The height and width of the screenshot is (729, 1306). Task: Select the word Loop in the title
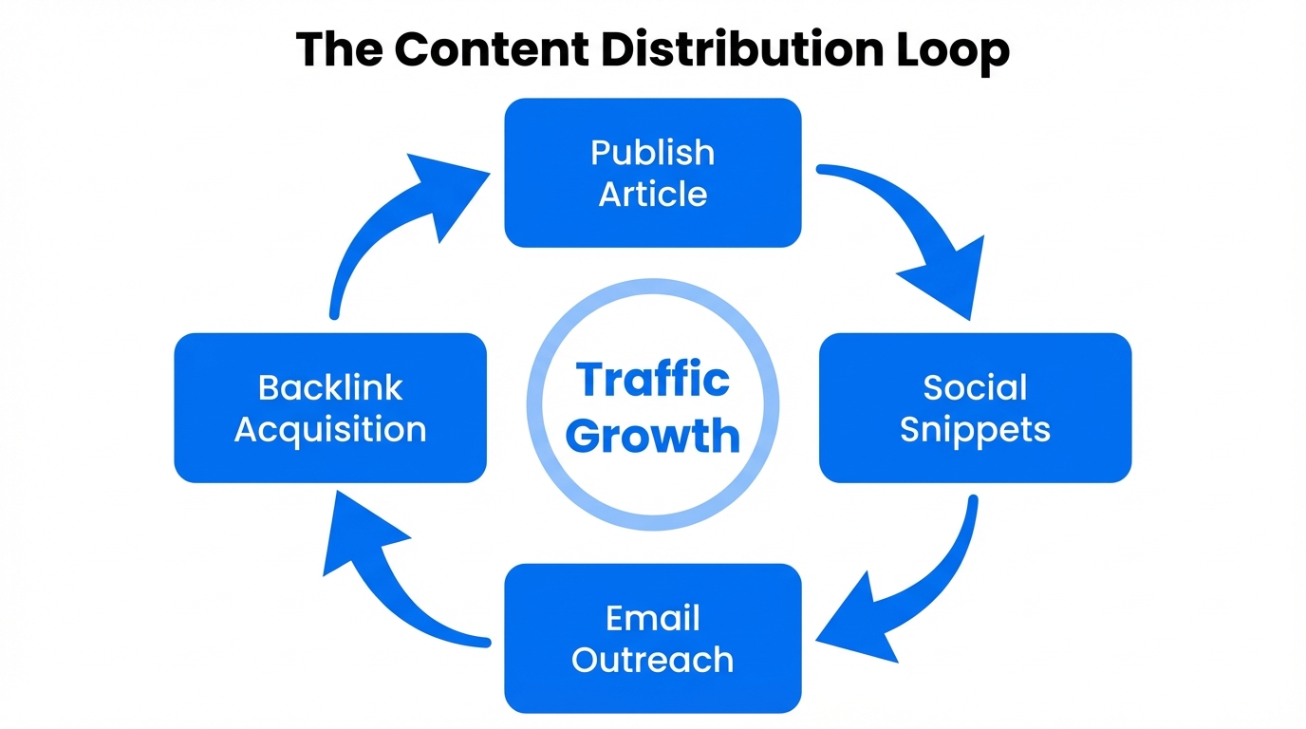point(952,49)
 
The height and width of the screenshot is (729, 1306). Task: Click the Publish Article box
point(652,173)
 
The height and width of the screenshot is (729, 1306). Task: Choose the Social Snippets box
point(975,407)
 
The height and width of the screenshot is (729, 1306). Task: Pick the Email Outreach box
point(652,638)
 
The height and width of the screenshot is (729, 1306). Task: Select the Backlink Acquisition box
point(330,407)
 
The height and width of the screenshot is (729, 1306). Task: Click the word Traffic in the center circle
point(653,380)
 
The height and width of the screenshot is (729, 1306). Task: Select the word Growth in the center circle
point(657,436)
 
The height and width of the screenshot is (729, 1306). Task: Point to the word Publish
point(652,152)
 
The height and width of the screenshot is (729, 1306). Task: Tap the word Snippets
point(975,429)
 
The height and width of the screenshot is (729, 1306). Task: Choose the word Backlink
point(330,387)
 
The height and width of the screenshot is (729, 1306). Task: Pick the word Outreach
point(652,659)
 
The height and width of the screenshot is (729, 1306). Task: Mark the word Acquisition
point(330,429)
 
